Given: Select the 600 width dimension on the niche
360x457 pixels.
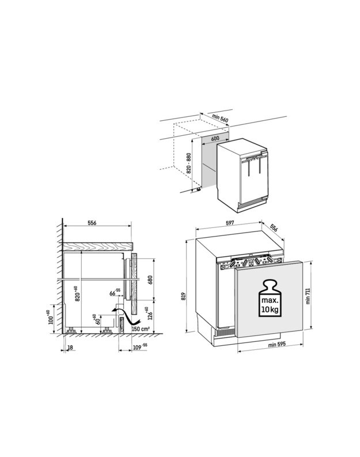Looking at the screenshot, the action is click(x=215, y=139).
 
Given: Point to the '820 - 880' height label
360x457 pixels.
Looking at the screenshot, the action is click(x=189, y=163).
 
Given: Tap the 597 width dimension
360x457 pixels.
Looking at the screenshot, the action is click(x=230, y=223).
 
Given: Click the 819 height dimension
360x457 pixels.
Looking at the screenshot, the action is click(x=184, y=296).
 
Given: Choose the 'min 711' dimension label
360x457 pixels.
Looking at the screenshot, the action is click(x=308, y=296).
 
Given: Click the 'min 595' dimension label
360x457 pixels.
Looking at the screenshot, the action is click(x=277, y=345).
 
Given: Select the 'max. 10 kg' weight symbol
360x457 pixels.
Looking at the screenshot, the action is click(x=270, y=298).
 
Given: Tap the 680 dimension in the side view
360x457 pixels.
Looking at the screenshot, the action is click(x=150, y=280).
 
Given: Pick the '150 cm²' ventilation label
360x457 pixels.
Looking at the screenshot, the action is click(x=141, y=329).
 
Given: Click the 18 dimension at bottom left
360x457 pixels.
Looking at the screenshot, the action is click(x=70, y=348).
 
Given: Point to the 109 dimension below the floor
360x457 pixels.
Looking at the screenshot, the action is click(x=140, y=347).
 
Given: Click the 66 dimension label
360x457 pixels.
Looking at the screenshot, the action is click(x=115, y=292).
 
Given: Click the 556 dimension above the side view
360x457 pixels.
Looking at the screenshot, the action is click(x=92, y=223).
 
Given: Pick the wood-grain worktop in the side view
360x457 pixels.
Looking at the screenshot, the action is click(x=98, y=246).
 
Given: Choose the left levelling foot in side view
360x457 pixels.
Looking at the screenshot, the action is click(x=71, y=330).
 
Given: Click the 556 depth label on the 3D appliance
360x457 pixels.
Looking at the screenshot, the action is click(x=274, y=227).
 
